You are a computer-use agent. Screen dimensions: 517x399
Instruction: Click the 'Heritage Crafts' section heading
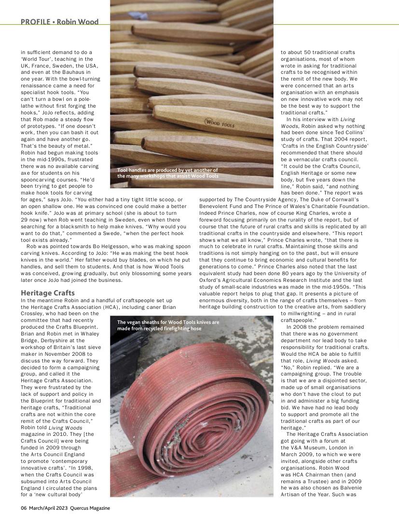pos(48,293)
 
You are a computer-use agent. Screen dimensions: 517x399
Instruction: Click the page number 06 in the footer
pos(24,508)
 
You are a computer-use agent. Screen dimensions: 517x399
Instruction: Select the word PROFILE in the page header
pos(36,22)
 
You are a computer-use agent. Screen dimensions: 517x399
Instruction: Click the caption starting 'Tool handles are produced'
pos(167,173)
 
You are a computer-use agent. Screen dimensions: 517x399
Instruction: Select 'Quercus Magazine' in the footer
pos(90,508)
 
